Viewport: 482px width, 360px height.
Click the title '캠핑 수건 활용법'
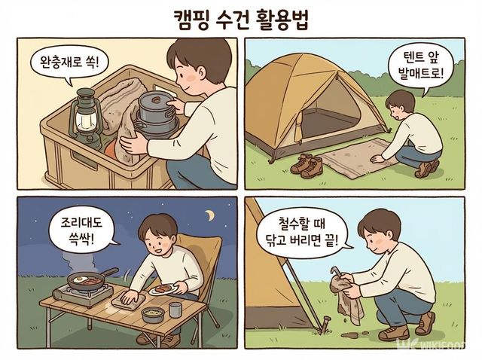(x=240, y=18)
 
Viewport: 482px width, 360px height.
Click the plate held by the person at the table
(x=162, y=290)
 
